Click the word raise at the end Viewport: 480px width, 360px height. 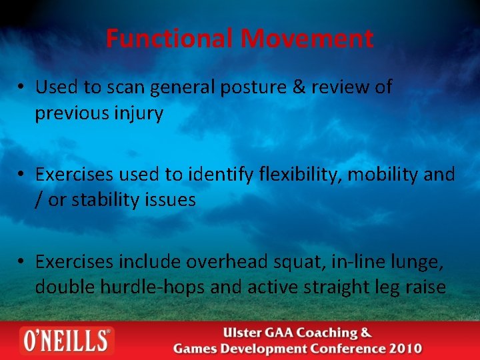click(x=424, y=287)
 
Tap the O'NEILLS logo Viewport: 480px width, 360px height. click(x=66, y=340)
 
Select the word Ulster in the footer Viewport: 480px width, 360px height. click(x=244, y=333)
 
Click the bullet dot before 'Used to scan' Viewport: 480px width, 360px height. click(x=22, y=88)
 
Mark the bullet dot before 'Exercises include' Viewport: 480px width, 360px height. click(x=22, y=263)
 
